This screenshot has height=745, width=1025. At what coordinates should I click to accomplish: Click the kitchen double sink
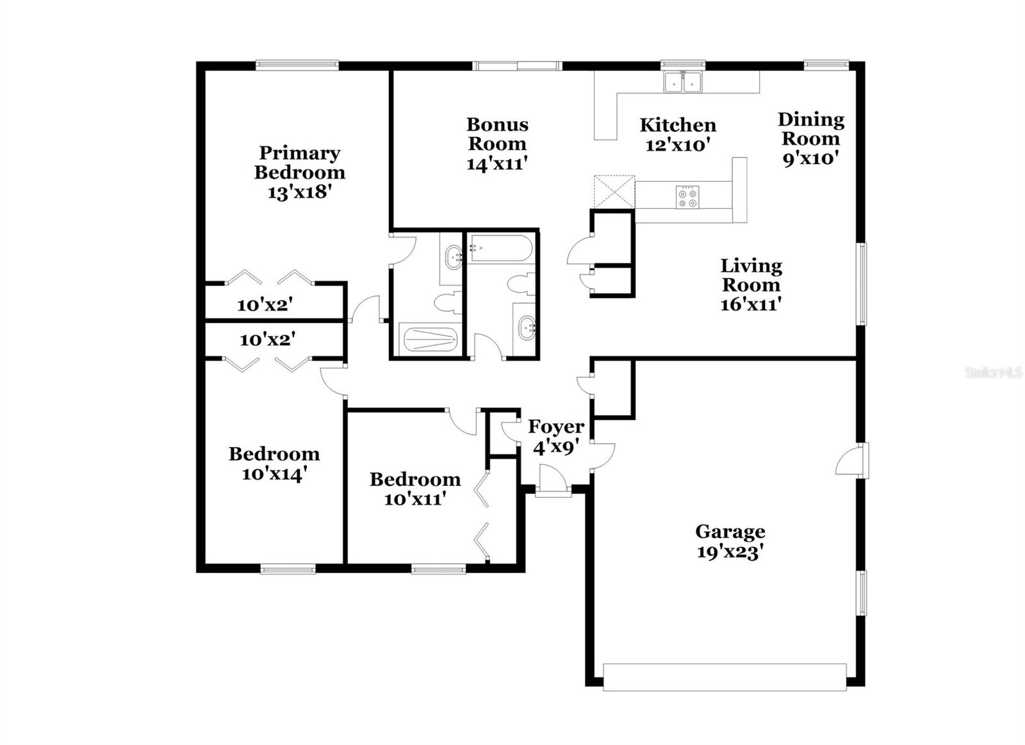click(683, 82)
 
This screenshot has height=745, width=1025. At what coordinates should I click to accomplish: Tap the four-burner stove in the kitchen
click(688, 197)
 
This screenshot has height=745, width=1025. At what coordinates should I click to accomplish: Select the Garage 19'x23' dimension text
click(730, 552)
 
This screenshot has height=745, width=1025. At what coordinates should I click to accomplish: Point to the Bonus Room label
click(497, 133)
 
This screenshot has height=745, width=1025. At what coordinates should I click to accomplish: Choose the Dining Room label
click(811, 129)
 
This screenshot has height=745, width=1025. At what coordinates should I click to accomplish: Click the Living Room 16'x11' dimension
click(751, 304)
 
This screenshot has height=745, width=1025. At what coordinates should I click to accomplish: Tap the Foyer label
click(555, 427)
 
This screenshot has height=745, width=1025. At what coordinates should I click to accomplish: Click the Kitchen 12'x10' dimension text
click(678, 145)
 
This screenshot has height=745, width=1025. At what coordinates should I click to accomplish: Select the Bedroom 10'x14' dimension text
click(274, 474)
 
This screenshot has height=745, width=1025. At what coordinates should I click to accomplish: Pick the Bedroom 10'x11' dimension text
click(414, 498)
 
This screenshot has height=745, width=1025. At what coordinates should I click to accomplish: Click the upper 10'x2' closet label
click(265, 305)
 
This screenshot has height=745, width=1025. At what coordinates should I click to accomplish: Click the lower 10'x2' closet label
click(267, 340)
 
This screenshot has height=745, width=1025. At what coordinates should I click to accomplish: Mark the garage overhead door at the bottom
click(725, 677)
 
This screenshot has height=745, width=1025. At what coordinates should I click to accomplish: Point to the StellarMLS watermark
click(994, 372)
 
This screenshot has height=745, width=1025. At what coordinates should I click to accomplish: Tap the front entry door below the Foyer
click(552, 490)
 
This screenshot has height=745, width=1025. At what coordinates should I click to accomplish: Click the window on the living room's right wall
click(862, 284)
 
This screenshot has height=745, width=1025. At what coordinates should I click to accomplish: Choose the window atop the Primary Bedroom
click(297, 64)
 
